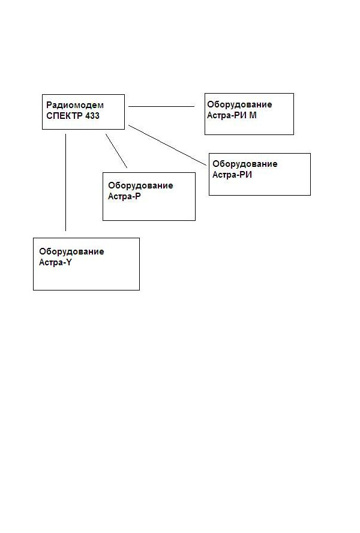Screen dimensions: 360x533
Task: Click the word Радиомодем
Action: point(75,106)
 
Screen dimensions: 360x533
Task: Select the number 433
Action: point(92,116)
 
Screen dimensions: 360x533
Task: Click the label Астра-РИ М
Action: point(232,116)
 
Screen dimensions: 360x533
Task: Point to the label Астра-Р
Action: point(124,196)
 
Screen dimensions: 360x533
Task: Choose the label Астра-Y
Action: point(55,262)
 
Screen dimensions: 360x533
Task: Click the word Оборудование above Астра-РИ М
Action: point(239,104)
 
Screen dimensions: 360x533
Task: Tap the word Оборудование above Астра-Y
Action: point(71,252)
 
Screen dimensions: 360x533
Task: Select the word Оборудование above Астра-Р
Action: point(140,186)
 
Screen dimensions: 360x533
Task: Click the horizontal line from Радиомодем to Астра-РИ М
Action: point(161,106)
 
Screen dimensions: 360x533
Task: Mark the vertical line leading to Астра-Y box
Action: point(65,182)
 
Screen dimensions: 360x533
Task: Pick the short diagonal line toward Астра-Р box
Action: point(116,151)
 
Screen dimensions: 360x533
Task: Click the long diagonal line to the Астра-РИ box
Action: point(167,145)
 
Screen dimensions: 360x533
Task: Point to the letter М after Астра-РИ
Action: point(253,116)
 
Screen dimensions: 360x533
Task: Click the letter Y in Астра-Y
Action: point(68,262)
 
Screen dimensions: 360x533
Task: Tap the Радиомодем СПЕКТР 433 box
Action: point(83,95)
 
